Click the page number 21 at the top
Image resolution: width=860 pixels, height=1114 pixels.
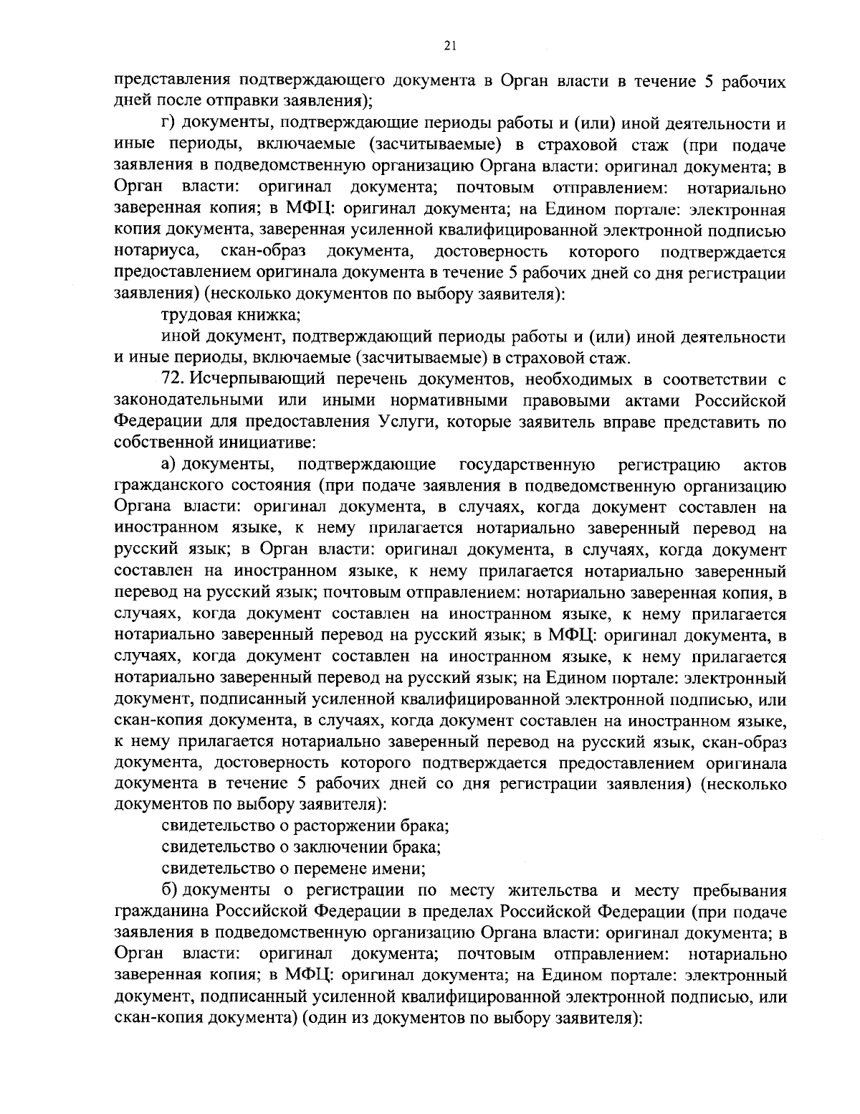[449, 46]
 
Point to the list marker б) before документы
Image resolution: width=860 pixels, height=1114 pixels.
[169, 891]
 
